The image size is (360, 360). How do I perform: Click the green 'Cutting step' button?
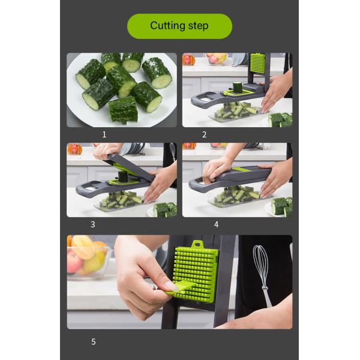point(179,26)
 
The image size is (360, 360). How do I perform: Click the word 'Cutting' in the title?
point(164,26)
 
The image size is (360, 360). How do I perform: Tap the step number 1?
point(104,135)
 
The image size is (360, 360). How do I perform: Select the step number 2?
point(204,135)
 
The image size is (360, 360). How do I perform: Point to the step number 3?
point(93,224)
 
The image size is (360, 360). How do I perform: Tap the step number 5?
point(93,341)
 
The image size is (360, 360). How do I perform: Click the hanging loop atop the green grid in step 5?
point(196,245)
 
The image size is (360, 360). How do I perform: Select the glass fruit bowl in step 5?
point(87,258)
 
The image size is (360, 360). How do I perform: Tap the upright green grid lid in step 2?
point(257,64)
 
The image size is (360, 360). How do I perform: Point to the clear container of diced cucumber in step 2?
point(234,112)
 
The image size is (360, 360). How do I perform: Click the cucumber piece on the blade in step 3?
point(122,176)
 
